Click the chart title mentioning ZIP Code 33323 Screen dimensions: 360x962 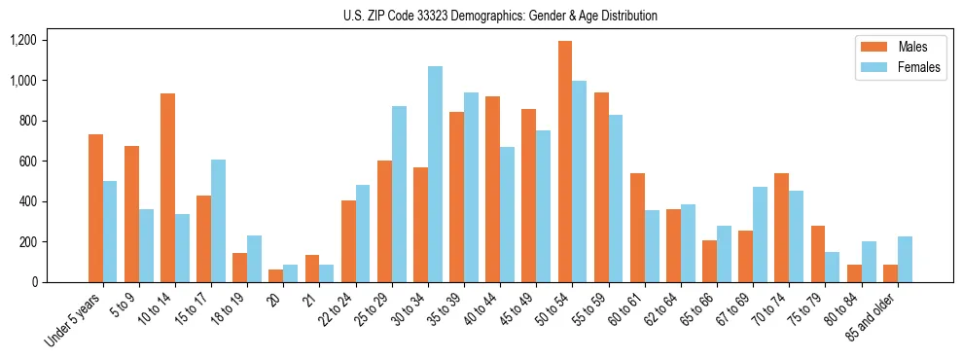pyautogui.click(x=500, y=16)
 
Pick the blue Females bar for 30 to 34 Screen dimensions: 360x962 pyautogui.click(x=435, y=174)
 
